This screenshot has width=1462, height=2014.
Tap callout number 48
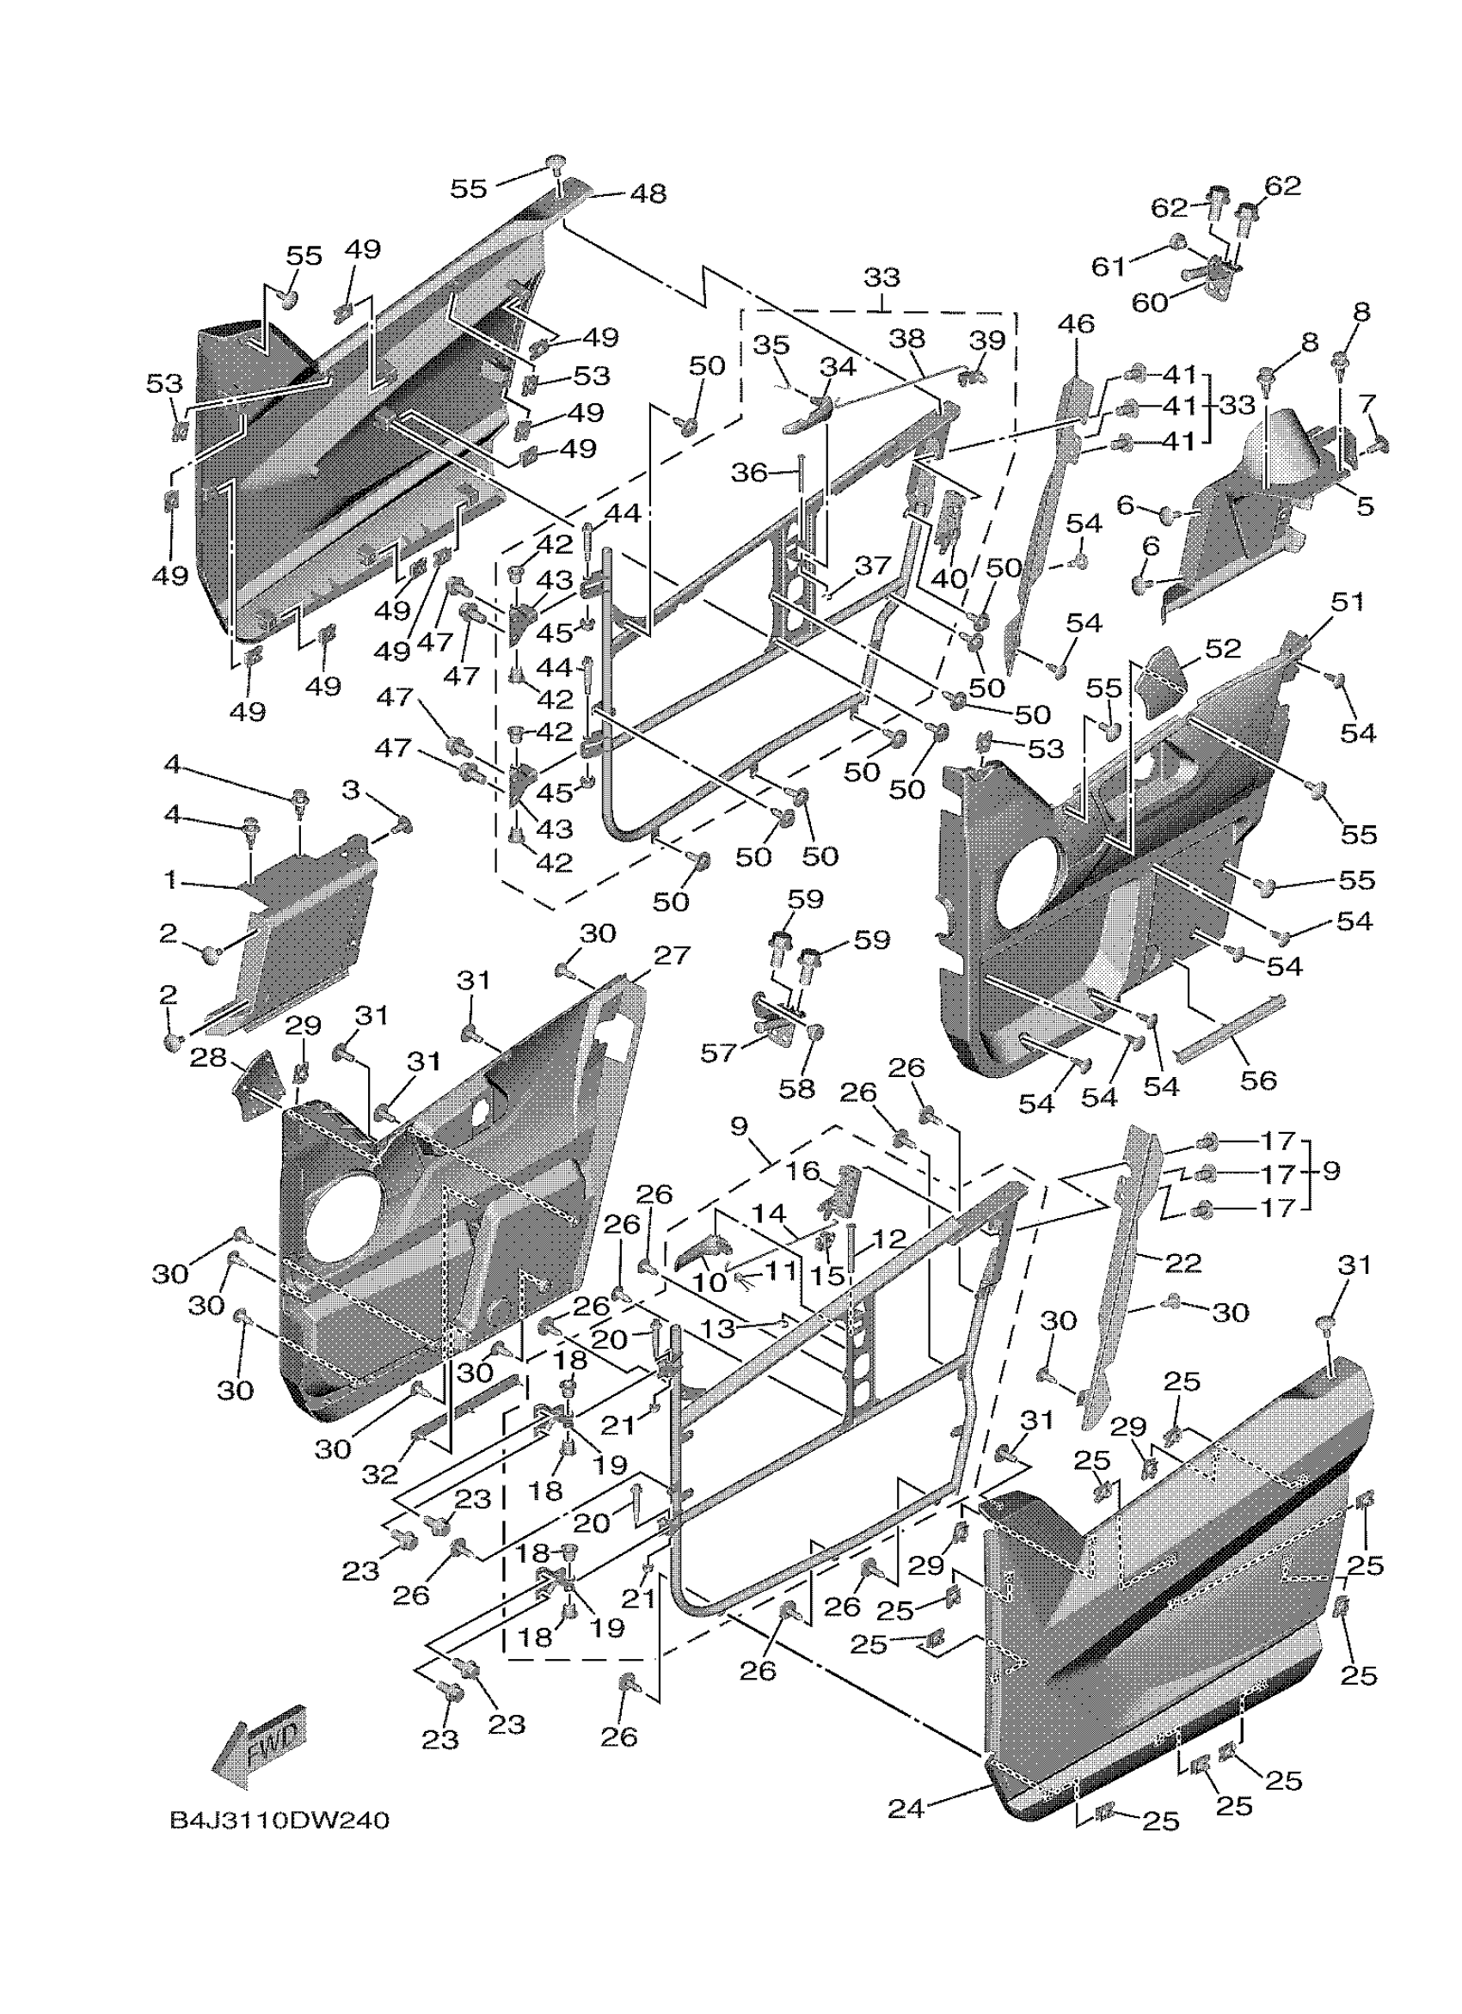(648, 193)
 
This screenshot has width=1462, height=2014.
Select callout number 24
(906, 1808)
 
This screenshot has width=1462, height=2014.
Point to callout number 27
(672, 956)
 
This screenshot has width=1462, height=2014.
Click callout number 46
(1077, 324)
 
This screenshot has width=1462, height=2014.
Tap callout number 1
(169, 880)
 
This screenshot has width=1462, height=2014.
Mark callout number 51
(1347, 601)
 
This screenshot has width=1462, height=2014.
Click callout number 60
(1149, 303)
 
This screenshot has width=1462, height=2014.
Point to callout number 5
(1365, 506)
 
